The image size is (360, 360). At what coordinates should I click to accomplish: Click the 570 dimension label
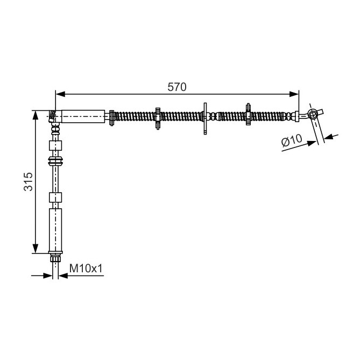177,87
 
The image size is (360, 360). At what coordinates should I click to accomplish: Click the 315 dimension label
29,181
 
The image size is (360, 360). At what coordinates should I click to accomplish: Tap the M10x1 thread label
86,268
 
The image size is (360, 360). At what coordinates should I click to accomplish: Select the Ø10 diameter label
292,140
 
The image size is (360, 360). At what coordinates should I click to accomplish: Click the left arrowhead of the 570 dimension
61,94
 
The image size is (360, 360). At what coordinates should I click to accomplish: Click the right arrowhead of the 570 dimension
294,94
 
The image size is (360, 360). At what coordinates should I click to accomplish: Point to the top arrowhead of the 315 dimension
36,115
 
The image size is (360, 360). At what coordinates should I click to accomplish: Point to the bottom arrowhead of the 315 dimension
36,249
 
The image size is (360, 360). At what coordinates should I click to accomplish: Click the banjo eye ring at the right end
312,114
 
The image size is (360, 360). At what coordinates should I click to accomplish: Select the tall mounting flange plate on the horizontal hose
205,118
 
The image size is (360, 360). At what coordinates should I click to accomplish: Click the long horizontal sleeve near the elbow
83,116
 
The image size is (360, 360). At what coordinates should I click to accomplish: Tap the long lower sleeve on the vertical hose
55,230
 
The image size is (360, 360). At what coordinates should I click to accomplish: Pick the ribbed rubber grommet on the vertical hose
55,161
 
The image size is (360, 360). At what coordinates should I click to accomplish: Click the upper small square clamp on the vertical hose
55,146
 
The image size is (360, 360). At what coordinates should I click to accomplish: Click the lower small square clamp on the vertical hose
55,197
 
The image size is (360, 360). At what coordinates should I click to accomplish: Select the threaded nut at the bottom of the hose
55,258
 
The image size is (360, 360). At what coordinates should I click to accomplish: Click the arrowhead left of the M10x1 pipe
48,276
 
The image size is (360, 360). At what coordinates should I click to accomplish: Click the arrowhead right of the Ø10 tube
329,137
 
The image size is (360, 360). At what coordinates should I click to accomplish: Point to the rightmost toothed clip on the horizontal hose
248,114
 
